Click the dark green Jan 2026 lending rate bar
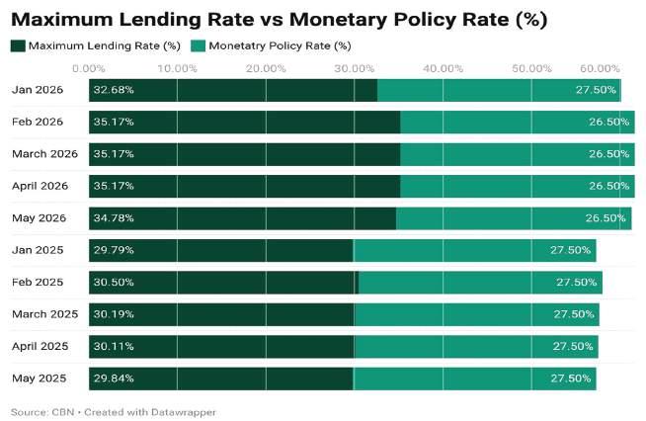(x=233, y=90)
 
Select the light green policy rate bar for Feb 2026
(x=518, y=123)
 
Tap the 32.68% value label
(x=114, y=90)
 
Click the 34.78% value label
(x=114, y=218)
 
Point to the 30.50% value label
(x=114, y=283)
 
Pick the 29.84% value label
(x=114, y=379)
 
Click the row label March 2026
(x=44, y=154)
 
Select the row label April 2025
(x=40, y=346)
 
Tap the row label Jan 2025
(x=38, y=250)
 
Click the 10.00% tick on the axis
(x=177, y=68)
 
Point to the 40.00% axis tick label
(x=443, y=68)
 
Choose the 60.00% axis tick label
(x=600, y=68)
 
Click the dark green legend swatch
(x=18, y=46)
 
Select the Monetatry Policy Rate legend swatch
(x=199, y=46)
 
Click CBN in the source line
(x=63, y=412)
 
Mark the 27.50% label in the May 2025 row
(x=571, y=379)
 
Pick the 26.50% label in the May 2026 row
(x=606, y=218)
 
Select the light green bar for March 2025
(x=477, y=314)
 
